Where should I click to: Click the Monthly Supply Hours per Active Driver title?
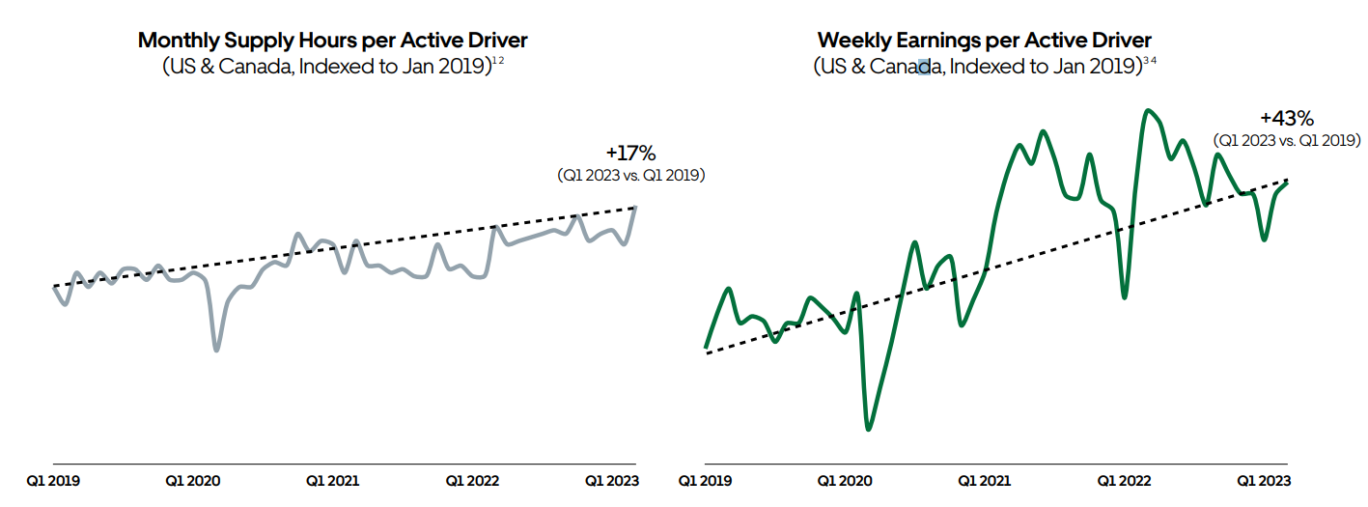tap(333, 41)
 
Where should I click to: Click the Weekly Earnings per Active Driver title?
tap(985, 41)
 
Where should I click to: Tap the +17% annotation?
tap(630, 153)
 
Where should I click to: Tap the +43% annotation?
tap(1287, 119)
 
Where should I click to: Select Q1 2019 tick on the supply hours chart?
tap(53, 480)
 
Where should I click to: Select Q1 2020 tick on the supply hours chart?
tap(193, 480)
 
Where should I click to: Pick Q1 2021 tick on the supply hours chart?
tap(333, 480)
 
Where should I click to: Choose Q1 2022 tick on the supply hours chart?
tap(472, 480)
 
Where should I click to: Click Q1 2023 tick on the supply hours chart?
tap(612, 480)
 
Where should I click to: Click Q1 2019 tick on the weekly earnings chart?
tap(706, 480)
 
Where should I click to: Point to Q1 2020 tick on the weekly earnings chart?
tap(845, 480)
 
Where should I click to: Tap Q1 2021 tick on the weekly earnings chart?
tap(985, 480)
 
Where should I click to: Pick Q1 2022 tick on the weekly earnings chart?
tap(1124, 480)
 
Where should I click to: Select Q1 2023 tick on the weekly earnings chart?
tap(1263, 480)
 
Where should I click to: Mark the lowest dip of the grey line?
tap(216, 350)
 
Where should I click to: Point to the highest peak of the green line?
tap(1147, 110)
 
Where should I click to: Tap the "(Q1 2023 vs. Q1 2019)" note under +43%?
tap(1287, 141)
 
